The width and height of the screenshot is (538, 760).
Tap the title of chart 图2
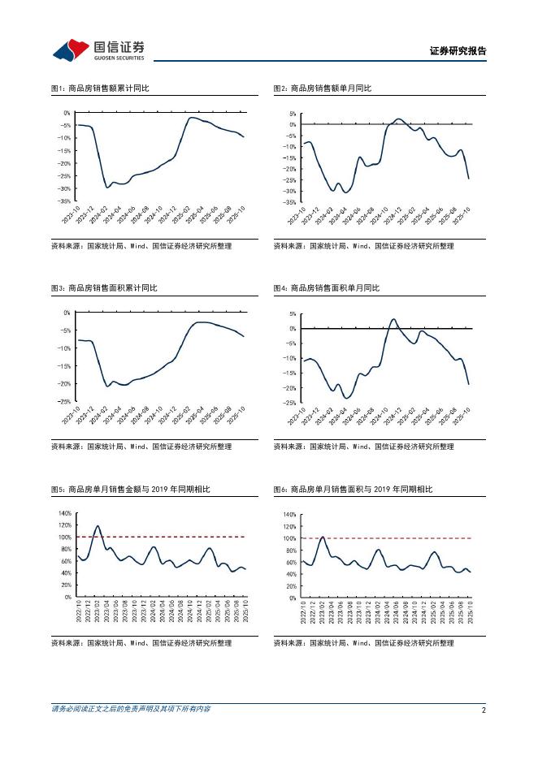[x=323, y=88]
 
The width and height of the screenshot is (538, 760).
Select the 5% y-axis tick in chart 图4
[x=292, y=314]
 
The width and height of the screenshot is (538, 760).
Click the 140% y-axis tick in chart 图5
[x=63, y=514]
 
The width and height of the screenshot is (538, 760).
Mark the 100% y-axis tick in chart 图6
[x=289, y=538]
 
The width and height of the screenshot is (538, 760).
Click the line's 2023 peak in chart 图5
[x=98, y=526]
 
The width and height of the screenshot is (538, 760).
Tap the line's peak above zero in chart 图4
[x=393, y=320]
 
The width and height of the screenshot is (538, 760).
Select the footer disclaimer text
[x=131, y=709]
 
